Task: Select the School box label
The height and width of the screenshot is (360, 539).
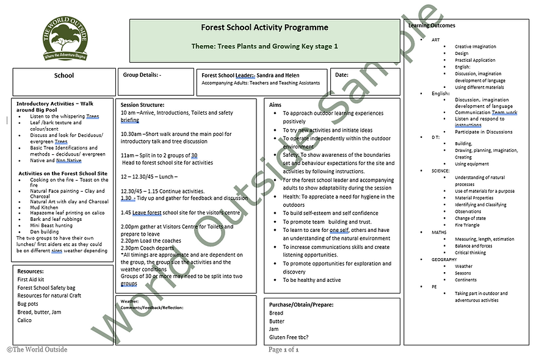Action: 64,76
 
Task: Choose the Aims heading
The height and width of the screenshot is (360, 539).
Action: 275,105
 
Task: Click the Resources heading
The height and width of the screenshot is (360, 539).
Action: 31,270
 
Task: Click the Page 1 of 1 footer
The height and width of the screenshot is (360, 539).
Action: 283,350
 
